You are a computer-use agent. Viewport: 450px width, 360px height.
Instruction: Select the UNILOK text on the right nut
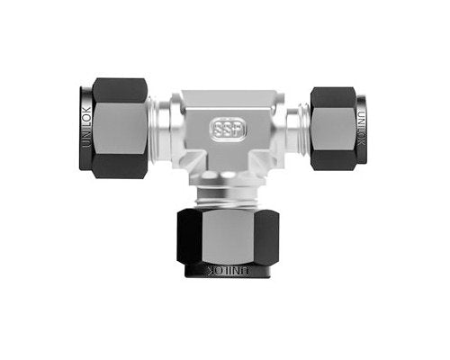(361, 127)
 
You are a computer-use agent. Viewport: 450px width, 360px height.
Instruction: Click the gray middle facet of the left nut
(120, 127)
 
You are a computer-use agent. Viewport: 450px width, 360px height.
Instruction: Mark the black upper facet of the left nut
(120, 89)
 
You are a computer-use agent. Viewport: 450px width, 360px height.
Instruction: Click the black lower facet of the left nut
(120, 166)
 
